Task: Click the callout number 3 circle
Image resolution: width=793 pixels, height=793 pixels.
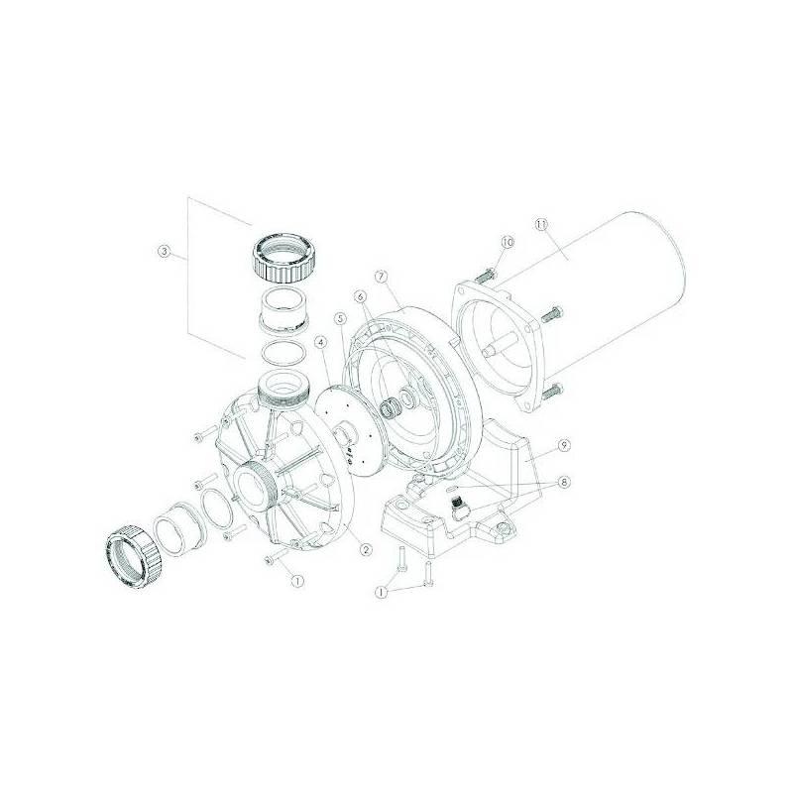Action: coord(165,252)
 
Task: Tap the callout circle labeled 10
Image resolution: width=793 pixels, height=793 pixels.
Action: coord(508,242)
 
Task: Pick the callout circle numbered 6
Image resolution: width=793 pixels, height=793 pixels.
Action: coord(361,295)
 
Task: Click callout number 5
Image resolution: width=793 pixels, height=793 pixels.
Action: coord(340,319)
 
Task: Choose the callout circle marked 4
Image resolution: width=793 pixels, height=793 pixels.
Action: coord(320,342)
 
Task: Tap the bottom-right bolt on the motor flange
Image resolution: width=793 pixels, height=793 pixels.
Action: coord(554,392)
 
